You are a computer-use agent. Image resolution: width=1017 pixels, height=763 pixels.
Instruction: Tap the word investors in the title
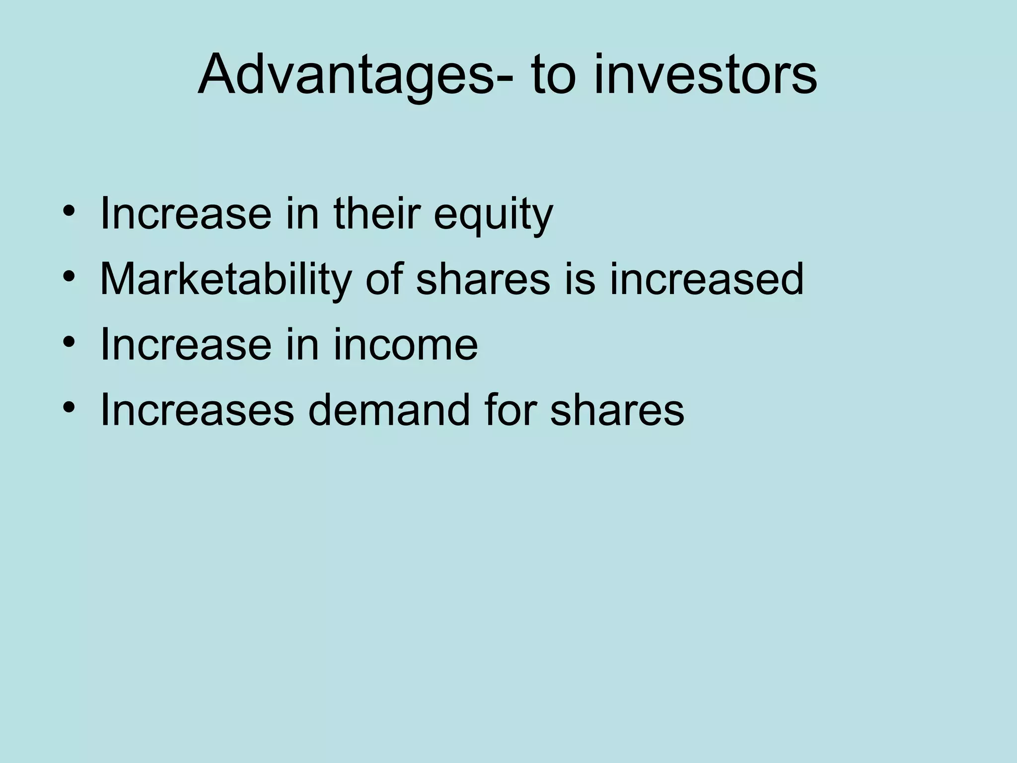click(x=705, y=76)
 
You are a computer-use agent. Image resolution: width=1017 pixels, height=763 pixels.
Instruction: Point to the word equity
click(x=493, y=215)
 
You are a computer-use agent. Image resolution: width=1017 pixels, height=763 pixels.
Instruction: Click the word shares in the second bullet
click(x=483, y=279)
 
